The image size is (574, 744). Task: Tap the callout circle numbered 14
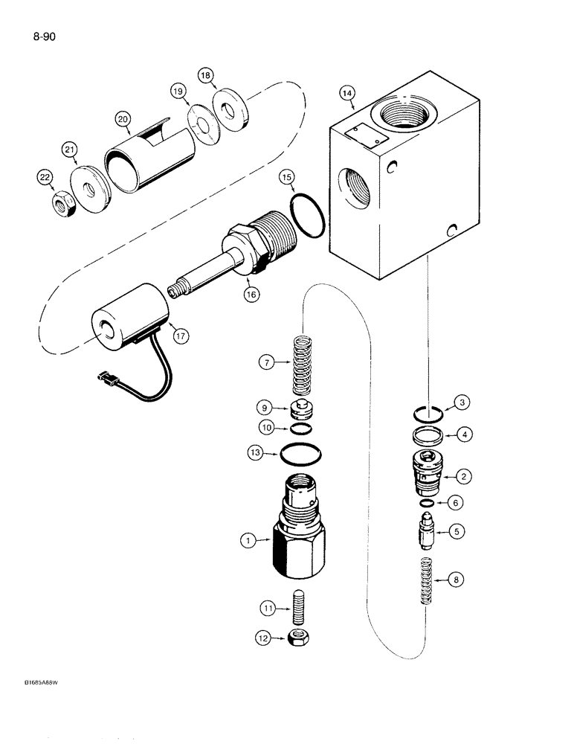[346, 94]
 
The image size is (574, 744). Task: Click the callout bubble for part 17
[179, 336]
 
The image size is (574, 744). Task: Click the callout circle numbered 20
[122, 118]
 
